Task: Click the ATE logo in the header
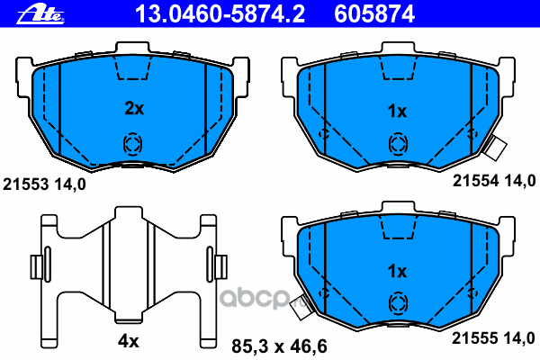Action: [x=40, y=15]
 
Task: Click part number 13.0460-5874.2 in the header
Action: [x=220, y=14]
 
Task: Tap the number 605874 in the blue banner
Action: [x=374, y=14]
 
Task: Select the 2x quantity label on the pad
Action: [x=134, y=109]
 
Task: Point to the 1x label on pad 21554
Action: [x=397, y=112]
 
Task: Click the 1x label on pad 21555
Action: [x=397, y=272]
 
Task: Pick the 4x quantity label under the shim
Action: [x=129, y=341]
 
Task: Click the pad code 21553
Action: [x=26, y=184]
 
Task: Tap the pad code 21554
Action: [x=475, y=181]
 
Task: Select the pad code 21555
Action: [x=475, y=338]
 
